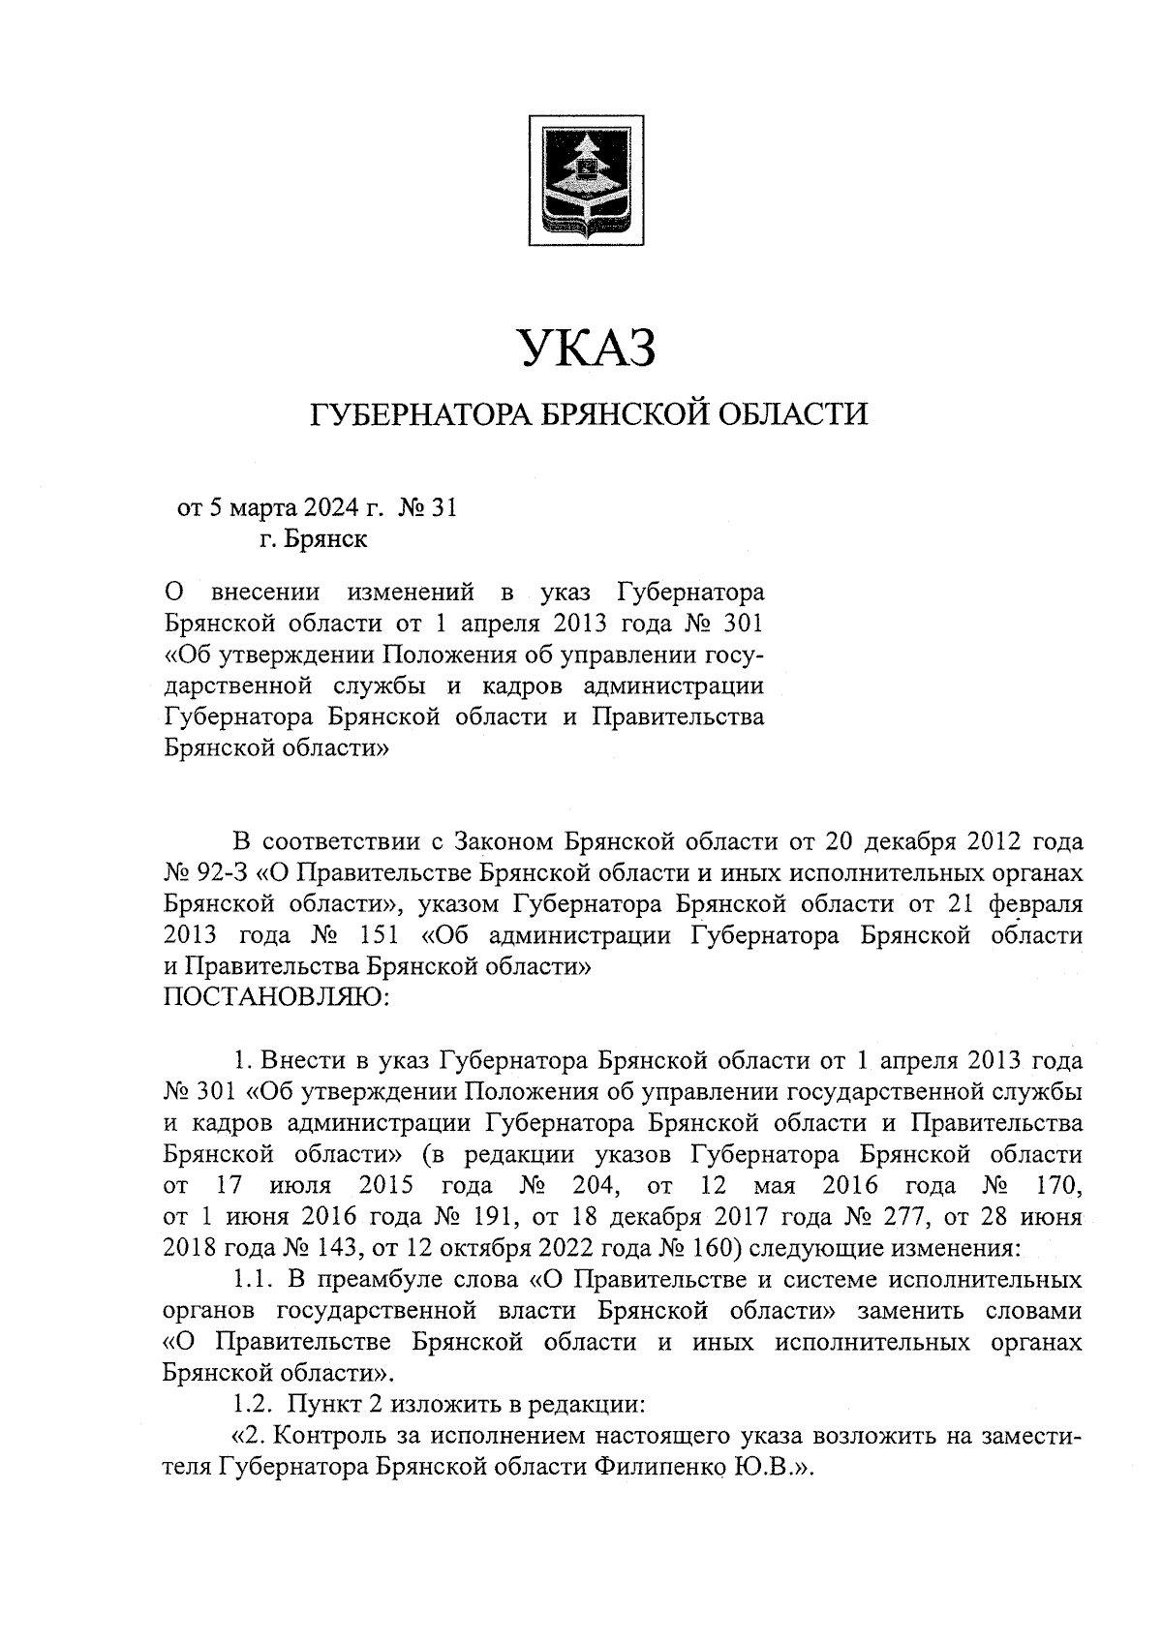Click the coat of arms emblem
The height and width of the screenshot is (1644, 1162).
tap(585, 180)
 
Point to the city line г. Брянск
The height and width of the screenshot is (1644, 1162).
tap(313, 538)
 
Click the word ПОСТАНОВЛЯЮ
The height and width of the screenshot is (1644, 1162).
tap(276, 996)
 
